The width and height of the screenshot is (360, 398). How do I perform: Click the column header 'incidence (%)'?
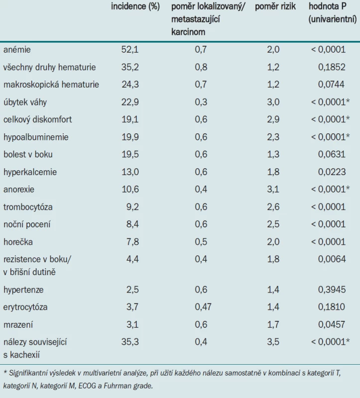135,6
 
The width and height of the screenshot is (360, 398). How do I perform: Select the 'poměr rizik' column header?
275,6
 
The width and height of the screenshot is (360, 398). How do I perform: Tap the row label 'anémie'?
17,49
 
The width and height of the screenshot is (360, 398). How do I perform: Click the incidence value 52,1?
130,49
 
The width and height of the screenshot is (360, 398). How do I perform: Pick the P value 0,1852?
332,67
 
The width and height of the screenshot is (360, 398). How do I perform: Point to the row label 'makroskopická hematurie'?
51,85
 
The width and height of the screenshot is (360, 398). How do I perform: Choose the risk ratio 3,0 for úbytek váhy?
273,102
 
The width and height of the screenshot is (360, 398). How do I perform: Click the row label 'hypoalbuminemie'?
36,137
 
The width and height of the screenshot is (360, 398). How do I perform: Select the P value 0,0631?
332,154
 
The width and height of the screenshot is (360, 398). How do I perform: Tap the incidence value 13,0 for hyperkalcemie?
130,172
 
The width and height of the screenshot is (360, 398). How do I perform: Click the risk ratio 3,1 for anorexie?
273,190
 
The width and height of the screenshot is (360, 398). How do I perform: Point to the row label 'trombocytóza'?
28,207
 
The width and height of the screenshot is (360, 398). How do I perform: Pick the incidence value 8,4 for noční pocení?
132,224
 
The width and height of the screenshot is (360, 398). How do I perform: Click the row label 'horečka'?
18,242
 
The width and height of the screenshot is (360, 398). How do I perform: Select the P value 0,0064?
332,259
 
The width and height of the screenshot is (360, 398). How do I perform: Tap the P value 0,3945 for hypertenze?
332,290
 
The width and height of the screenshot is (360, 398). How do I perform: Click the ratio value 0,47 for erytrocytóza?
203,307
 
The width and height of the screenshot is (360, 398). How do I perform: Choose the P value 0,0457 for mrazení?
332,325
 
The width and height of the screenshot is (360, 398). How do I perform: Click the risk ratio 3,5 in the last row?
273,342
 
